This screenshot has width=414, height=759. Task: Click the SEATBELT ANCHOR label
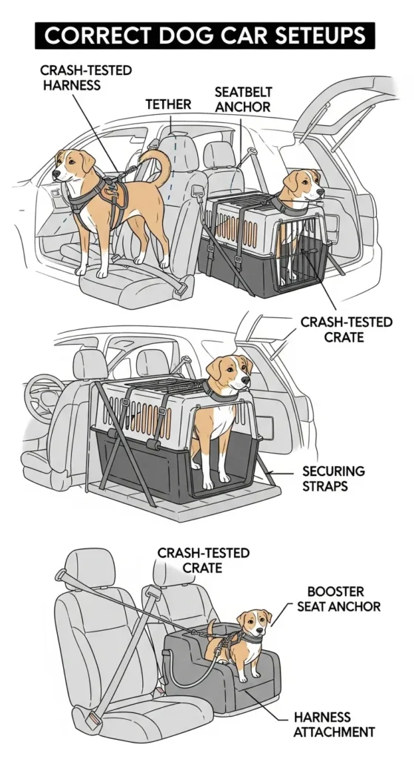242,100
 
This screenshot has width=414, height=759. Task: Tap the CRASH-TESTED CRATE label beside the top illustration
346,331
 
